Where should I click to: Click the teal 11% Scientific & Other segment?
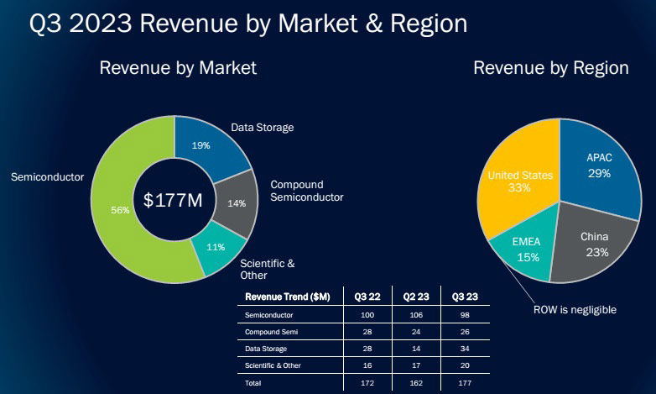point(216,247)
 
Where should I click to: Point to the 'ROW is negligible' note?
point(575,310)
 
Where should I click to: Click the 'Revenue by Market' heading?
point(178,68)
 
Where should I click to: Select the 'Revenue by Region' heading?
point(551,68)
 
